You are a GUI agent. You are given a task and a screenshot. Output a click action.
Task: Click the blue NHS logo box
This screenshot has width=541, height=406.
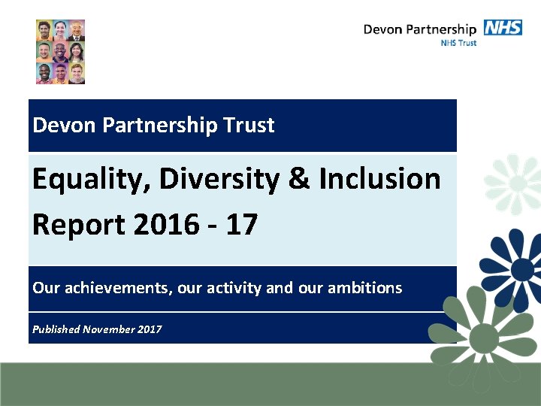(503, 28)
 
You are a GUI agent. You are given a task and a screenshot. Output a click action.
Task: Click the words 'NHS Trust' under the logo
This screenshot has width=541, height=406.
(458, 43)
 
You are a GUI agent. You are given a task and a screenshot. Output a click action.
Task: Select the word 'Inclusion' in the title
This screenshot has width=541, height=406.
(379, 179)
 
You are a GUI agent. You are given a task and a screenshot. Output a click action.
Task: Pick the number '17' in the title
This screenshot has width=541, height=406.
(240, 223)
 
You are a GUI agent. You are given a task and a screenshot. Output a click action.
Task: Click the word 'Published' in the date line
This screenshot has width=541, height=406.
(56, 329)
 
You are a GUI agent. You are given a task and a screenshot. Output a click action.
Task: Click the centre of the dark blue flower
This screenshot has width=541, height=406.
(523, 268)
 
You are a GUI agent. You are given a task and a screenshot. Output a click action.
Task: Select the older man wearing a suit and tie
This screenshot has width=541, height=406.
(77, 32)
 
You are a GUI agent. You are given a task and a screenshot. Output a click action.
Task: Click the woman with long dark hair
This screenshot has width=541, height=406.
(77, 52)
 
